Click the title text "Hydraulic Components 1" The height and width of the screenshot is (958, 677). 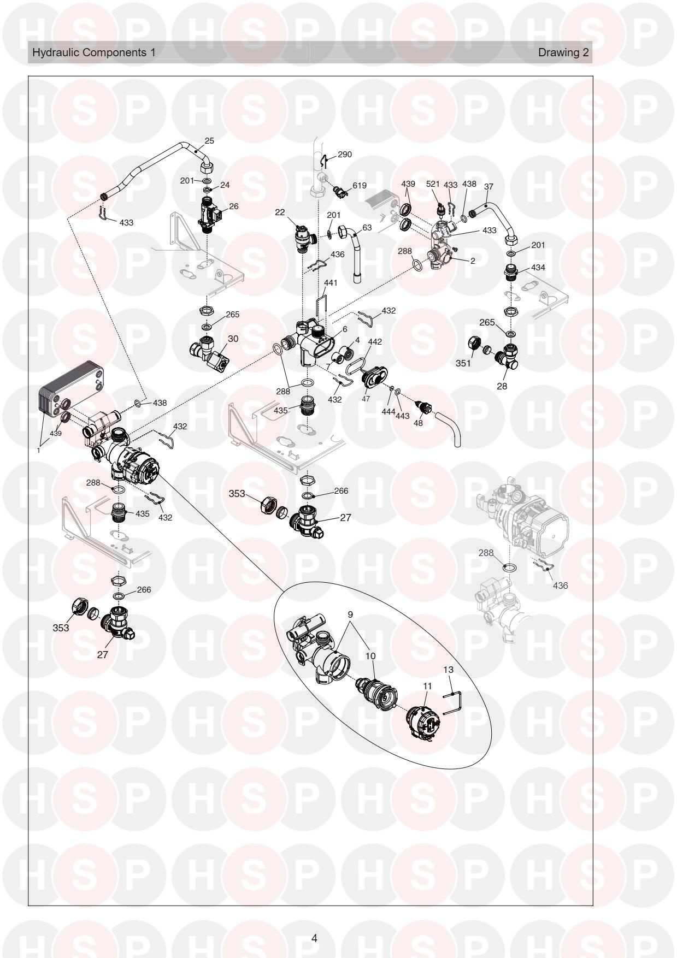coord(94,52)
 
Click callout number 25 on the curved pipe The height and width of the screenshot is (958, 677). coord(209,140)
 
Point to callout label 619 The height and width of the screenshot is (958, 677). coord(359,186)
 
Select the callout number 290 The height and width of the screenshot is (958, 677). coord(345,155)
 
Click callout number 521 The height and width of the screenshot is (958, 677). coord(433,184)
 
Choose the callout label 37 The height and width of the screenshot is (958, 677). coord(488,186)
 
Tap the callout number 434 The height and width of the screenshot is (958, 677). coord(538,268)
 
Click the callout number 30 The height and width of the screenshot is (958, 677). coord(233,339)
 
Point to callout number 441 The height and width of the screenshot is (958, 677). coord(331,283)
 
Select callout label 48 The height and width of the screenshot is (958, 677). coord(419,422)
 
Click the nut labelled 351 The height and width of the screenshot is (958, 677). coord(475,346)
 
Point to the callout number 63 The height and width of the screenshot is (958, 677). coord(367,228)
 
